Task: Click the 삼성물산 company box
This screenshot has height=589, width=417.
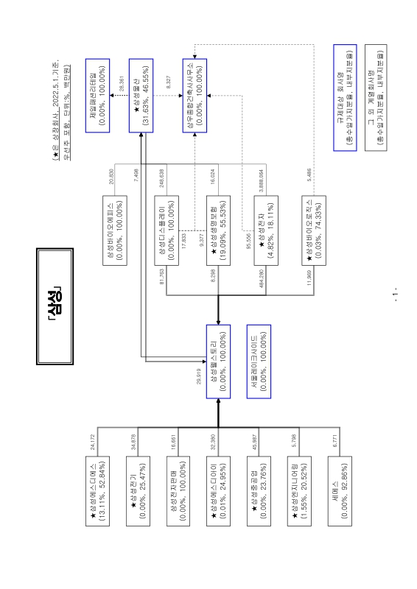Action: click(x=141, y=96)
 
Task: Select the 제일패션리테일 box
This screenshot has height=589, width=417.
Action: click(x=97, y=96)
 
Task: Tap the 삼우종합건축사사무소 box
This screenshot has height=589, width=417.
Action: click(x=195, y=96)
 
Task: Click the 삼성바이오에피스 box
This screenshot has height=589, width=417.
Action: click(x=115, y=230)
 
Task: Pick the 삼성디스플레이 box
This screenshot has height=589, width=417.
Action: click(x=167, y=230)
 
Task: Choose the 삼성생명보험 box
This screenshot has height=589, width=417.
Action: click(x=218, y=230)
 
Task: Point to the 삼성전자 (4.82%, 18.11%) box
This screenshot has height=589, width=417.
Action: click(x=266, y=230)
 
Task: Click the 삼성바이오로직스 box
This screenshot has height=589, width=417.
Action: click(x=314, y=230)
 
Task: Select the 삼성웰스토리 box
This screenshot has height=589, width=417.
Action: click(x=218, y=361)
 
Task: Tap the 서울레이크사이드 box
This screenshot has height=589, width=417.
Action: click(x=259, y=361)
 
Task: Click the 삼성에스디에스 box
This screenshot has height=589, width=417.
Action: click(x=97, y=491)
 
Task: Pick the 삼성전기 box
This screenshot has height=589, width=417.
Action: click(x=138, y=491)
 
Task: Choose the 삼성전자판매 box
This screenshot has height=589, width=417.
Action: click(x=178, y=491)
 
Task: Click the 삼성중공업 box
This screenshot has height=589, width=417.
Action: click(x=259, y=491)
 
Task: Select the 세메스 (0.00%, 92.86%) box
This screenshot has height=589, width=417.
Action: click(x=340, y=491)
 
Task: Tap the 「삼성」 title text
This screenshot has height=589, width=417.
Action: click(x=55, y=306)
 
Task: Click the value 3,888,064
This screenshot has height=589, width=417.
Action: click(x=261, y=180)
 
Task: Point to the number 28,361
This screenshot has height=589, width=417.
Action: click(x=122, y=83)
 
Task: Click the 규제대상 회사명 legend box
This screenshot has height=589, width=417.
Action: click(x=345, y=98)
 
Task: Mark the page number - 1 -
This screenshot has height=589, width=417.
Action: click(x=395, y=295)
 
